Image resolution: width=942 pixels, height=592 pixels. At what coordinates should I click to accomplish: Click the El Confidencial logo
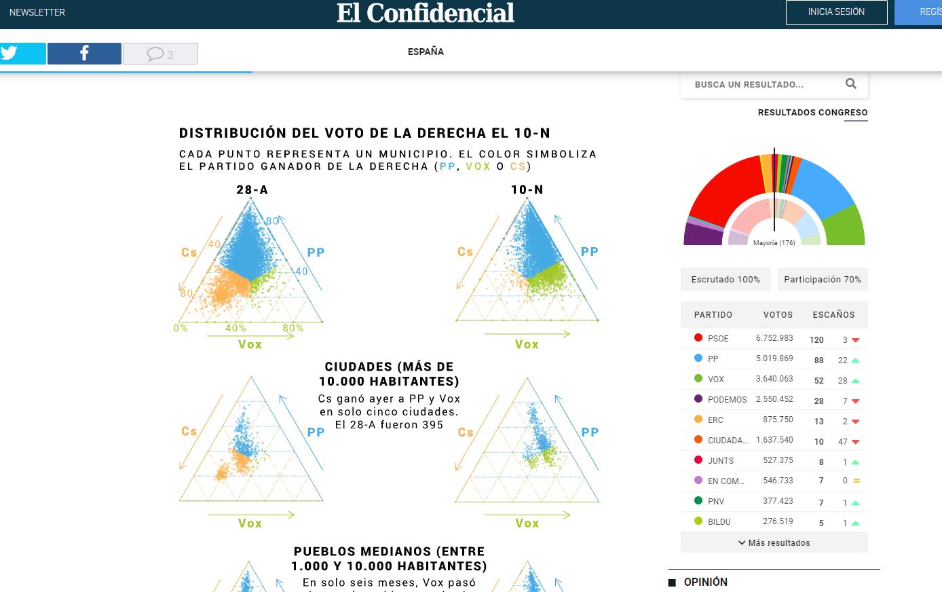pyautogui.click(x=426, y=13)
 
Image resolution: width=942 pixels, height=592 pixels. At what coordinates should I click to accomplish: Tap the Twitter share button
pyautogui.click(x=22, y=54)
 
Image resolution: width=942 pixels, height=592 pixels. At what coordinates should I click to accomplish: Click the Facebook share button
pyautogui.click(x=84, y=54)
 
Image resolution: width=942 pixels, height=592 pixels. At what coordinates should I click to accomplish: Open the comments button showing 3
pyautogui.click(x=160, y=54)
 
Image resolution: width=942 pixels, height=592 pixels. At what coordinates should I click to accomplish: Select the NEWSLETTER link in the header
pyautogui.click(x=37, y=12)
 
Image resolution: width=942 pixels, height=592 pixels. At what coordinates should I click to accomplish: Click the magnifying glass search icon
pyautogui.click(x=850, y=84)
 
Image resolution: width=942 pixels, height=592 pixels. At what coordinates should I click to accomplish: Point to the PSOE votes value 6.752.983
pyautogui.click(x=774, y=338)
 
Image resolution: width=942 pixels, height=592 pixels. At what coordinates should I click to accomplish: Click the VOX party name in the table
pyautogui.click(x=716, y=380)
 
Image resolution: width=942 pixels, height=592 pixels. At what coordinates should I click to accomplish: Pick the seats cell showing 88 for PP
pyautogui.click(x=818, y=360)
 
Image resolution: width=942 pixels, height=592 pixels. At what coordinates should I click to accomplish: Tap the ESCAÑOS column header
pyautogui.click(x=833, y=315)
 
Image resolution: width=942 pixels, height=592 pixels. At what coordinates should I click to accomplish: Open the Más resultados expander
pyautogui.click(x=774, y=542)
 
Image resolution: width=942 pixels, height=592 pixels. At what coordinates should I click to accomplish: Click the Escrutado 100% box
pyautogui.click(x=726, y=279)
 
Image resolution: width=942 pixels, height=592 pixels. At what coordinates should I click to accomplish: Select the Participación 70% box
pyautogui.click(x=822, y=279)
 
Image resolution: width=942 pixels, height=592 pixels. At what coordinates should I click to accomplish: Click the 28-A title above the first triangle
pyautogui.click(x=252, y=190)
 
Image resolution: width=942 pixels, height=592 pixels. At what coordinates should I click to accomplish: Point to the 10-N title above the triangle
pyautogui.click(x=527, y=190)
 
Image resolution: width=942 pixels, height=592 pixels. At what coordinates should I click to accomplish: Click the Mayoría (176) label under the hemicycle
pyautogui.click(x=774, y=242)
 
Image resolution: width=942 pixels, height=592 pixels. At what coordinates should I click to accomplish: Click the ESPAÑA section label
pyautogui.click(x=426, y=52)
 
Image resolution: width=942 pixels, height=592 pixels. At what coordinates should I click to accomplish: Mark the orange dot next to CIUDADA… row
pyautogui.click(x=698, y=440)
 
